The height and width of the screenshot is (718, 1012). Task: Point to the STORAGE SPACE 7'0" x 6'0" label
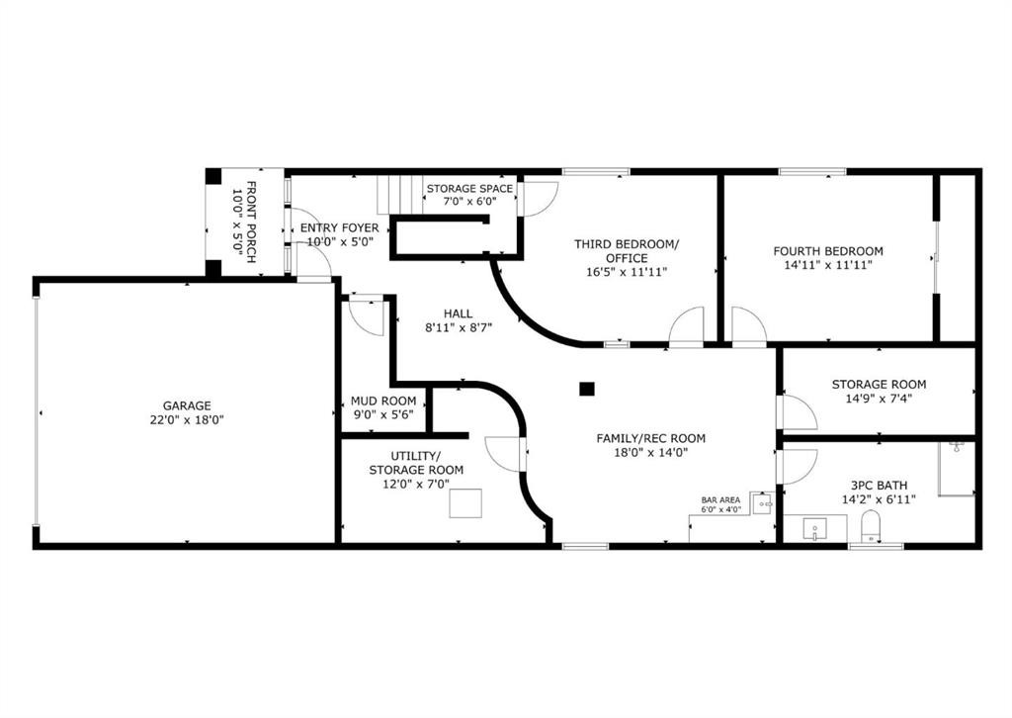click(469, 195)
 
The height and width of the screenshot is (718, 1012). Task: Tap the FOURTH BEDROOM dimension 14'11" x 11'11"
click(827, 265)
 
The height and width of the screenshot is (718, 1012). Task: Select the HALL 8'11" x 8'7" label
click(457, 320)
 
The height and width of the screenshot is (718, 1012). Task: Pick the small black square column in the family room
click(587, 389)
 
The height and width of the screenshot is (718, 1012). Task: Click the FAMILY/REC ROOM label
click(650, 445)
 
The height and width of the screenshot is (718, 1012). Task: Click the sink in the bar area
click(762, 504)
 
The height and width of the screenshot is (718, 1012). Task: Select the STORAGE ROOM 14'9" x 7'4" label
click(878, 392)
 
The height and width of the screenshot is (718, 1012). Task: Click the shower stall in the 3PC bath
click(956, 469)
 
